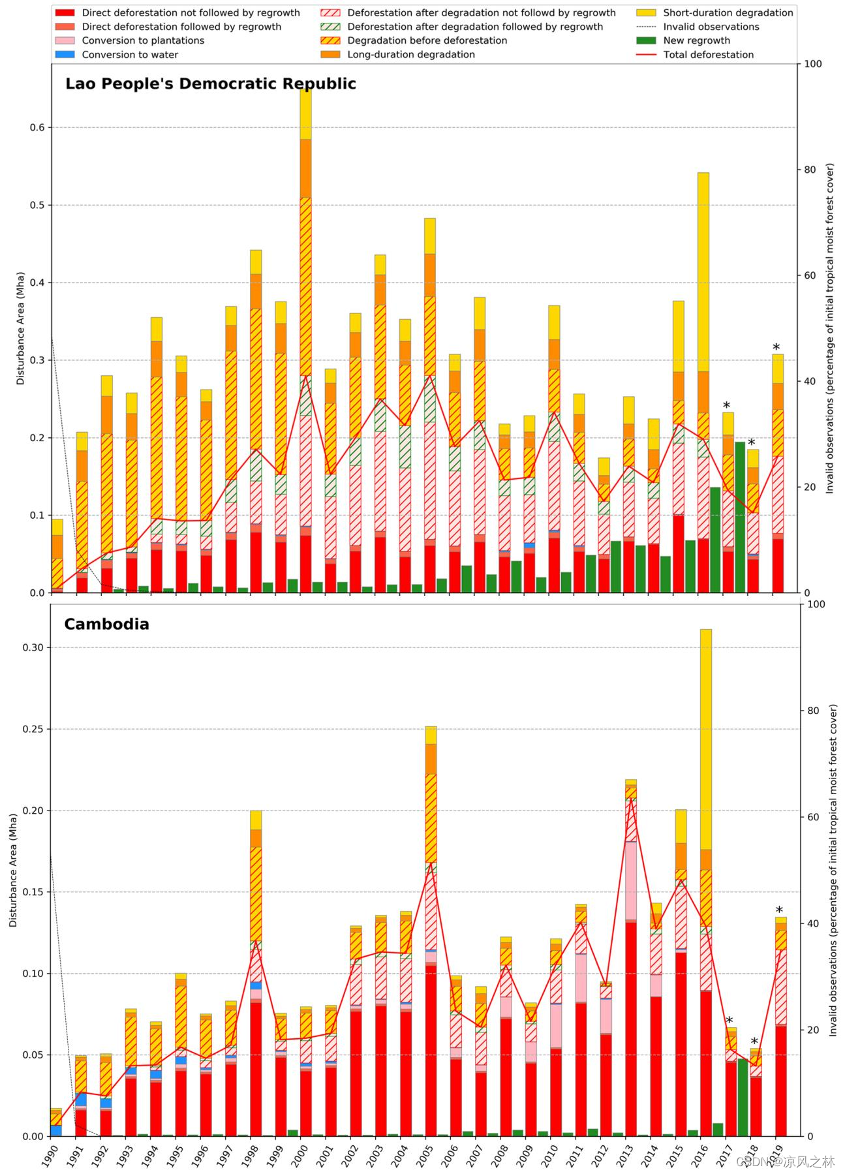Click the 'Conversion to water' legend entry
pyautogui.click(x=129, y=55)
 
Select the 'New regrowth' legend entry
pyautogui.click(x=696, y=40)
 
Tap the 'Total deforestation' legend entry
pyautogui.click(x=708, y=55)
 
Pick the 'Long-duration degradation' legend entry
pyautogui.click(x=410, y=55)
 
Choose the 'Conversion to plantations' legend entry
pyautogui.click(x=142, y=40)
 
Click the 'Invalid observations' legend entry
pyautogui.click(x=711, y=27)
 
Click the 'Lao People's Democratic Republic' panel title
pyautogui.click(x=211, y=84)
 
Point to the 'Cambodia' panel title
pyautogui.click(x=106, y=625)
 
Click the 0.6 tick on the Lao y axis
pyautogui.click(x=37, y=127)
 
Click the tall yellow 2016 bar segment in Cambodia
pyautogui.click(x=706, y=737)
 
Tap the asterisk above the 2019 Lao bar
pyautogui.click(x=776, y=348)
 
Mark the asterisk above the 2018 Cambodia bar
pyautogui.click(x=754, y=1042)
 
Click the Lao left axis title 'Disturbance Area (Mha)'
pyautogui.click(x=20, y=328)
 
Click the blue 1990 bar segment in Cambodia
pyautogui.click(x=56, y=1130)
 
